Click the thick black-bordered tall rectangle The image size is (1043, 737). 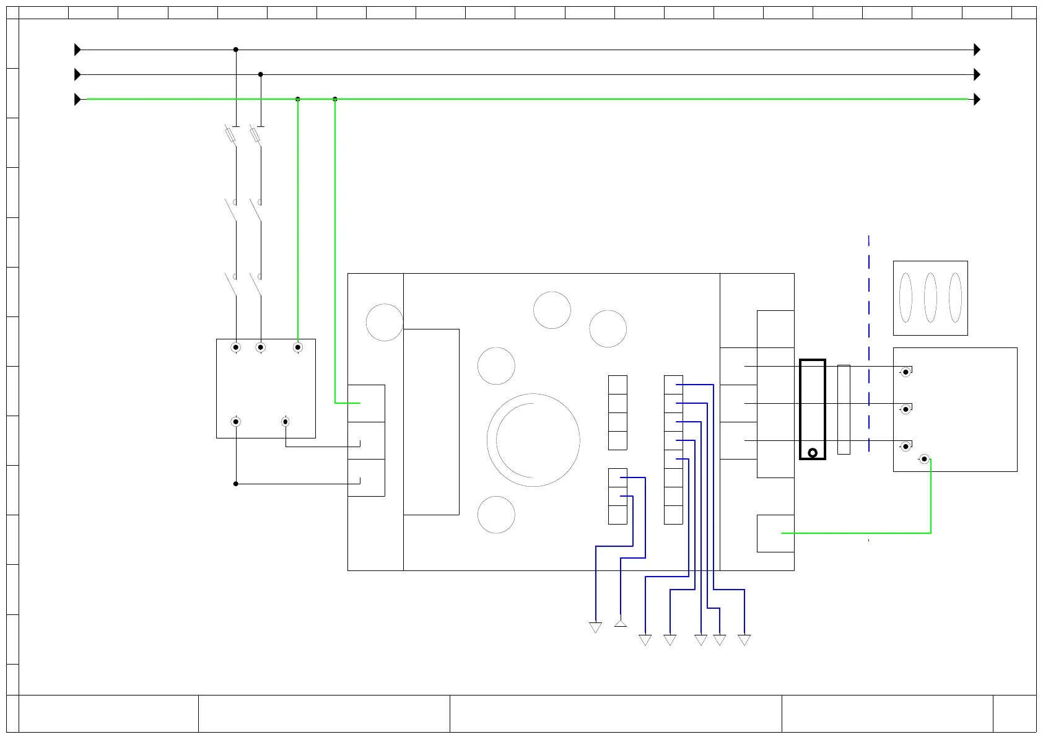[812, 409]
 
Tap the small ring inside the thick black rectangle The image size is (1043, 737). [812, 453]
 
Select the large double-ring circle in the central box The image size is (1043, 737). [533, 440]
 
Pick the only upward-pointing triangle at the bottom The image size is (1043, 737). [620, 622]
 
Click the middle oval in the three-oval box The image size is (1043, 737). [930, 298]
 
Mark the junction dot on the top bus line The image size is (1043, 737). [235, 50]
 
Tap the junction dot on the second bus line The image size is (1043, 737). [260, 74]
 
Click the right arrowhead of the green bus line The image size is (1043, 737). [977, 99]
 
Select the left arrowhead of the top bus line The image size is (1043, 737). [77, 50]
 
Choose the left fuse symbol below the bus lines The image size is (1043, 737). [230, 135]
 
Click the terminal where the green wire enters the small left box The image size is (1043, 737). [297, 347]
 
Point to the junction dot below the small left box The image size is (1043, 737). [235, 484]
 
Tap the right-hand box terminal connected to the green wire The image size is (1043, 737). [924, 459]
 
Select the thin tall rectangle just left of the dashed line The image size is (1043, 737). [843, 409]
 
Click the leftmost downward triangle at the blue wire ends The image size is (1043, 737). [595, 628]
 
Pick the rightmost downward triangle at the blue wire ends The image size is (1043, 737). [744, 640]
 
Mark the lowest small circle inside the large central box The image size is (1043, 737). [496, 515]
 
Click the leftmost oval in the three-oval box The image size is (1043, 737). [906, 298]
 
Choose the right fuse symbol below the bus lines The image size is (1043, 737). [255, 135]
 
